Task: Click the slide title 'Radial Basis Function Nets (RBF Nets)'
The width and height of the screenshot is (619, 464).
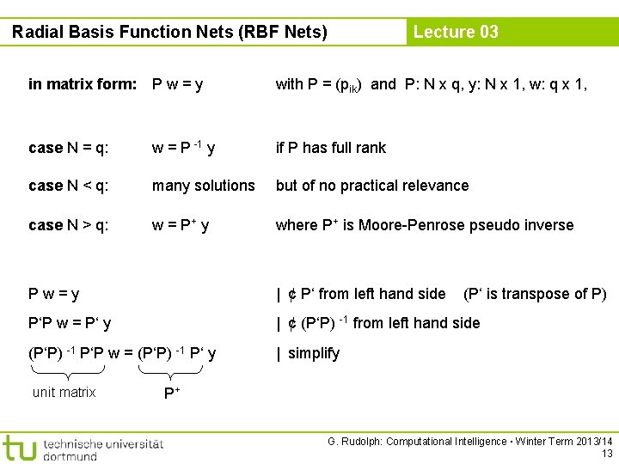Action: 170,33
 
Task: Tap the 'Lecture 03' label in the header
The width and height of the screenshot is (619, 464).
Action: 456,32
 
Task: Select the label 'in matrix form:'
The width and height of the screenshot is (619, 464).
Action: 83,84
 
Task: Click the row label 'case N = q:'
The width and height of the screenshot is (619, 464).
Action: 69,148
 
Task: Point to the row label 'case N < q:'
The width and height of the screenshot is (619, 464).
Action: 69,186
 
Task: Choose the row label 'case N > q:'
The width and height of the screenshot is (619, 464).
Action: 69,225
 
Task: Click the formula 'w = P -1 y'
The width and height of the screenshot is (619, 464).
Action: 183,147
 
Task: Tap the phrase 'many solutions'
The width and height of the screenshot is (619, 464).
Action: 204,186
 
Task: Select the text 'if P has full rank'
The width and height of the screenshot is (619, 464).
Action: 331,148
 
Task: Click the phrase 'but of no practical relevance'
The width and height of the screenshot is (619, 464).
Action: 372,186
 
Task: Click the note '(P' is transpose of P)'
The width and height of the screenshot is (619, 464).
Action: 535,294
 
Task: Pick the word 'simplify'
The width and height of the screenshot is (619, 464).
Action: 314,353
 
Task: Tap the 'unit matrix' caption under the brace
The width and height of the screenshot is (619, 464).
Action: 64,393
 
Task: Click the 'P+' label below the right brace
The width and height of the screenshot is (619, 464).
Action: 172,394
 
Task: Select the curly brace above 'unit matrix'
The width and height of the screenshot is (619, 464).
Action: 67,371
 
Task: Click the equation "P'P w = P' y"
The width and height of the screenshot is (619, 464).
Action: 70,323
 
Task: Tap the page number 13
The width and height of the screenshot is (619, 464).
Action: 607,453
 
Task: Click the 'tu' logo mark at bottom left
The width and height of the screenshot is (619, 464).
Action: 20,448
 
